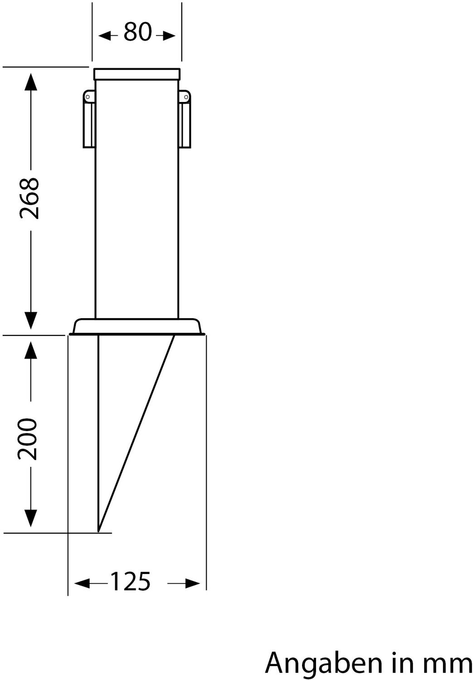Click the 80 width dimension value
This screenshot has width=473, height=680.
137,33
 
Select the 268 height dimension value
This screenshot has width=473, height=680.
30,199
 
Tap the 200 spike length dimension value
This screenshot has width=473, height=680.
28,439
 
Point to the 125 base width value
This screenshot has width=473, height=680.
130,582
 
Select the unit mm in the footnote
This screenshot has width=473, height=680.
448,664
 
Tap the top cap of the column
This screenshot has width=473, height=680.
137,73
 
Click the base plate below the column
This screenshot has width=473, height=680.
137,327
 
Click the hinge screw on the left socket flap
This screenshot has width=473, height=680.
88,96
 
